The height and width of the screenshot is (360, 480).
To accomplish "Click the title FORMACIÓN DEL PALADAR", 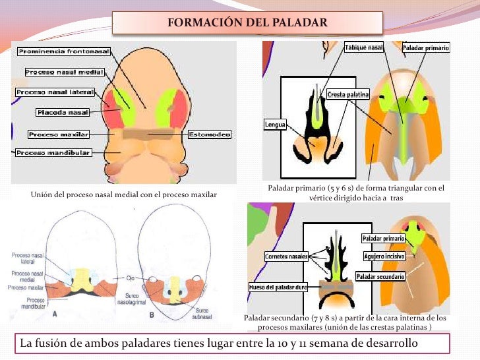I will [x=247, y=23].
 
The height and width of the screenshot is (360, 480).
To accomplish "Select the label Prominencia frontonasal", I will [x=64, y=51].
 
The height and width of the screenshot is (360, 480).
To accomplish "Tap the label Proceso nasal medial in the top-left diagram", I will [x=59, y=71].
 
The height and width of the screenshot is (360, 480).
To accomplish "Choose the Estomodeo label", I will [x=210, y=135].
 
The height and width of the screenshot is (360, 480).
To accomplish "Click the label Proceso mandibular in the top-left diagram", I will [x=53, y=153].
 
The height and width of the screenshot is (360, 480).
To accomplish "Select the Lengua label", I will [x=275, y=123].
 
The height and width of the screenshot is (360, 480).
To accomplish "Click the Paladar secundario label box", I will [x=380, y=277].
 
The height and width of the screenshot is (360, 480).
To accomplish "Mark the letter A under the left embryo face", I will [x=55, y=315].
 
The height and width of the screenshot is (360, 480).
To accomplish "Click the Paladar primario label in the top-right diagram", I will [x=426, y=49].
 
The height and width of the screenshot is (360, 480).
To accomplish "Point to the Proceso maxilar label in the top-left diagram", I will [x=59, y=135].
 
